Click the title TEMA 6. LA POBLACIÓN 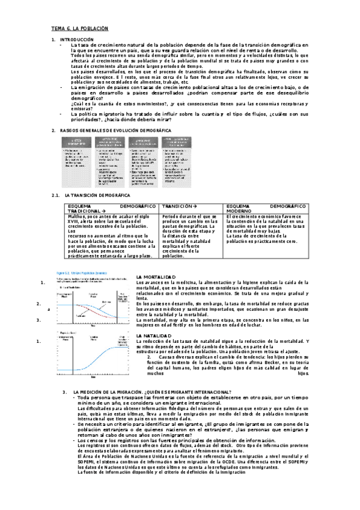pyautogui.click(x=79, y=28)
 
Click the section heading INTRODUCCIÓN pyautogui.click(x=82, y=39)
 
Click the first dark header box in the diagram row pyautogui.click(x=79, y=143)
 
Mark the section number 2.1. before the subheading pyautogui.click(x=57, y=195)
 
